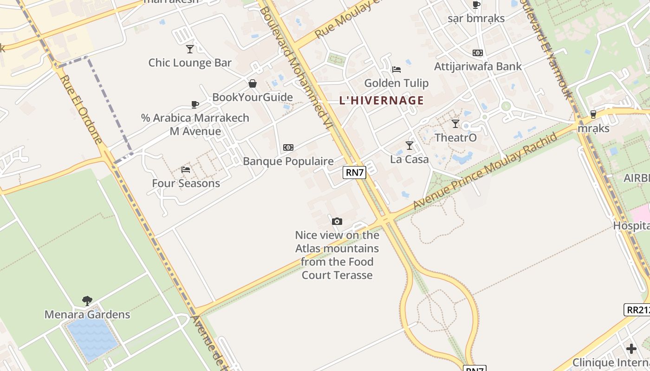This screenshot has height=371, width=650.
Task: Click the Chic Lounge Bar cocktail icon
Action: click(x=190, y=49)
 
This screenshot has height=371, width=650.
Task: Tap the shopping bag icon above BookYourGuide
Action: click(x=253, y=83)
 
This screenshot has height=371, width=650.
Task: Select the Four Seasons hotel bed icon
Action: click(x=186, y=169)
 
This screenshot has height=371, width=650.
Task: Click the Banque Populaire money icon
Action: click(x=288, y=147)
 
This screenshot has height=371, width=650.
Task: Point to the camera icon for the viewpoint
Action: click(x=337, y=221)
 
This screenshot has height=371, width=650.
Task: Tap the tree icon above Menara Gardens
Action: click(x=87, y=301)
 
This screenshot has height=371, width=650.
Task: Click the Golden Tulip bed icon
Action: click(x=396, y=70)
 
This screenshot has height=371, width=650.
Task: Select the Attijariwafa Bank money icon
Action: click(x=478, y=53)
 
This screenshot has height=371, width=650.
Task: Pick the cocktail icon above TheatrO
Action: click(x=455, y=124)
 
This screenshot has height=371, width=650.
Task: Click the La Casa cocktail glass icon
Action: click(x=409, y=146)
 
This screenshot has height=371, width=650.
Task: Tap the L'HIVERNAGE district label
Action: click(x=382, y=101)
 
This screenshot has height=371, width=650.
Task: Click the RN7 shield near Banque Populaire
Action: click(x=355, y=173)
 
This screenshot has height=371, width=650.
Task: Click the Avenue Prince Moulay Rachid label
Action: click(x=485, y=171)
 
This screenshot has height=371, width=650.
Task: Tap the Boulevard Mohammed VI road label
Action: click(x=297, y=70)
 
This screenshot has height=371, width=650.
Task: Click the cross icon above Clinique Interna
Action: click(x=631, y=348)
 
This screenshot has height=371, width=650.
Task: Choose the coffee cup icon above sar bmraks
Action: click(x=476, y=5)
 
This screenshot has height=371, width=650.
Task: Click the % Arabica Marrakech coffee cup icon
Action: click(x=195, y=104)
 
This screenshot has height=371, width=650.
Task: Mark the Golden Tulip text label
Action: click(x=396, y=83)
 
